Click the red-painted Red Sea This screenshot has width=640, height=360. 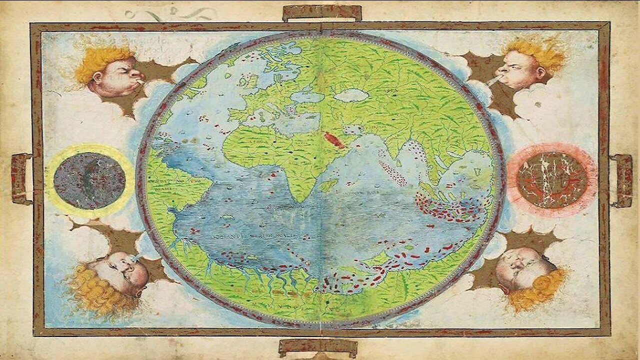334,140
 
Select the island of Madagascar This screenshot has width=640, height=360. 328,185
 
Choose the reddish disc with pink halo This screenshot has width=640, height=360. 552,179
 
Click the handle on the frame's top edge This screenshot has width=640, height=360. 322,13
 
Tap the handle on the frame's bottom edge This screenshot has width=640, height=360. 318,347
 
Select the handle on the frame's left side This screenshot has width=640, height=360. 21,179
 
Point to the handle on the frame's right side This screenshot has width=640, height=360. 621,180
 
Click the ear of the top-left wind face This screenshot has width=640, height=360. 96,77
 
